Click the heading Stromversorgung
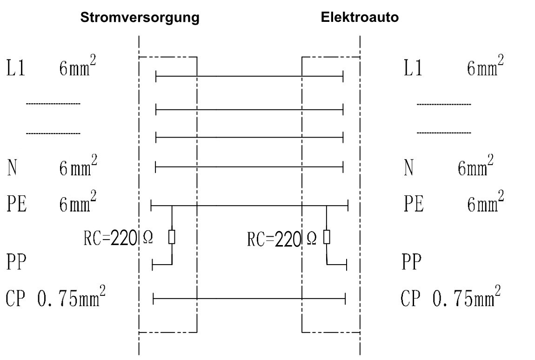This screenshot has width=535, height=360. (140, 18)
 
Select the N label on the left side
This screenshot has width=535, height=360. (12, 168)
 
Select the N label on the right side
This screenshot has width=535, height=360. (409, 168)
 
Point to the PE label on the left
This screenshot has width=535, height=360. (17, 205)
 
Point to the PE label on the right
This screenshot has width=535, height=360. (414, 205)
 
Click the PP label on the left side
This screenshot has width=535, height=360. (17, 263)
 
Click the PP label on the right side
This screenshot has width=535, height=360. (411, 263)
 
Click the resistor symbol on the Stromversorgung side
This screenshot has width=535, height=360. (172, 237)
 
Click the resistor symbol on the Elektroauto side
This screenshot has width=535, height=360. (327, 237)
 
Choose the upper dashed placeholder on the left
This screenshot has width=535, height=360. (53, 103)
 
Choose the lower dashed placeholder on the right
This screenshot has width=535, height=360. (444, 133)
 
